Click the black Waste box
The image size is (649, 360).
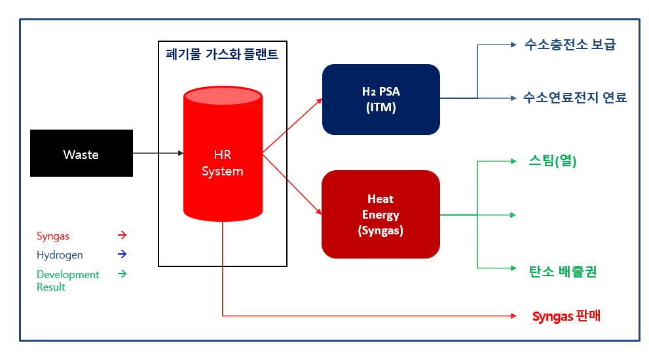[81, 153]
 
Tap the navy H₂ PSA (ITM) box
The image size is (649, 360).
[380, 99]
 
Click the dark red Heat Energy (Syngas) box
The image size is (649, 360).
[380, 214]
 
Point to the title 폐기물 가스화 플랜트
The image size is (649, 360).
[223, 54]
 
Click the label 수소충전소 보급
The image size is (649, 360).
[570, 45]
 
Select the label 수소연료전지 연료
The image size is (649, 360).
[574, 98]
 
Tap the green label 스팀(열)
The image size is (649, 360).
[552, 160]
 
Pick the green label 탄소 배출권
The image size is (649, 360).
[563, 271]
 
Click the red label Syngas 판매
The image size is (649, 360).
[566, 317]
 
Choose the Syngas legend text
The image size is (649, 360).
[53, 236]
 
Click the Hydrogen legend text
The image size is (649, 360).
[60, 255]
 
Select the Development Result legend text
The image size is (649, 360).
[67, 280]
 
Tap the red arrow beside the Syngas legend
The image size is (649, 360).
[122, 235]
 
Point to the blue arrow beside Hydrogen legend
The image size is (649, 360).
[122, 254]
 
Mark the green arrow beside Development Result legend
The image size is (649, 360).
[122, 274]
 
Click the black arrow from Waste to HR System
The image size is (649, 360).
[158, 153]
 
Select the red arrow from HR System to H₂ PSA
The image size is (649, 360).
[292, 126]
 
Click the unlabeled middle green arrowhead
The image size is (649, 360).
[513, 214]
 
